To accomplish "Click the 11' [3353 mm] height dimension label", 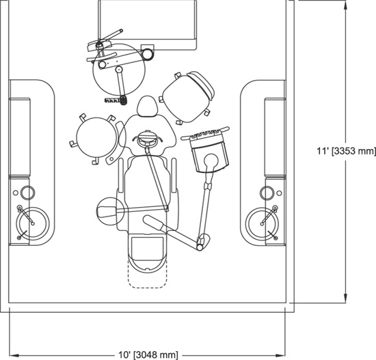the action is (x=347, y=151).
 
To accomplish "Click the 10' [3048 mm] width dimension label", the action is (x=148, y=355).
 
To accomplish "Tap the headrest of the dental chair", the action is (x=148, y=106).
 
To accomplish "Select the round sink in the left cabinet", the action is (x=33, y=224).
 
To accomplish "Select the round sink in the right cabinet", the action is (x=262, y=224).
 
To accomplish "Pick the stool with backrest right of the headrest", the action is (x=187, y=98).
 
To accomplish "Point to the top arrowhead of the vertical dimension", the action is (x=345, y=4).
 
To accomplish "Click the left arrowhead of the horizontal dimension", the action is (x=14, y=355).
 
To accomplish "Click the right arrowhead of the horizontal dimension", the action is (x=280, y=355).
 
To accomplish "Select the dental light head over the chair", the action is (x=147, y=138).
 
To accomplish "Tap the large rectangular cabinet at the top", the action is (x=148, y=25).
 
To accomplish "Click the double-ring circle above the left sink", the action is (x=27, y=193).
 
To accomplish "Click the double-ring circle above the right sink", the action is (x=267, y=193).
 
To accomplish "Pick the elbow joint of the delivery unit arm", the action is (x=202, y=243).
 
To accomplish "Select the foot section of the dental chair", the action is (x=148, y=253).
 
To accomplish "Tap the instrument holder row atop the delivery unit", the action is (x=205, y=133).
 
